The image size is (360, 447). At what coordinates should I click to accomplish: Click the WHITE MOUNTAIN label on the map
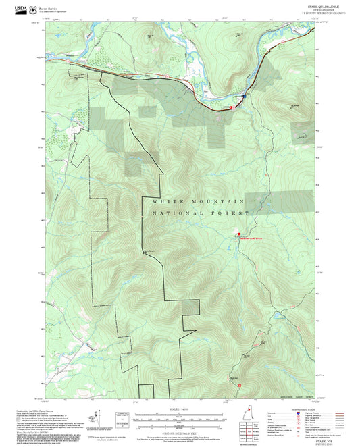[x=198, y=201]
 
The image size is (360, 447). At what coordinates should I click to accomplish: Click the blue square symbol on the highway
[x=242, y=97]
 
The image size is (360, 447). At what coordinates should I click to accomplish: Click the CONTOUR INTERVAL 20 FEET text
[x=179, y=433]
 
